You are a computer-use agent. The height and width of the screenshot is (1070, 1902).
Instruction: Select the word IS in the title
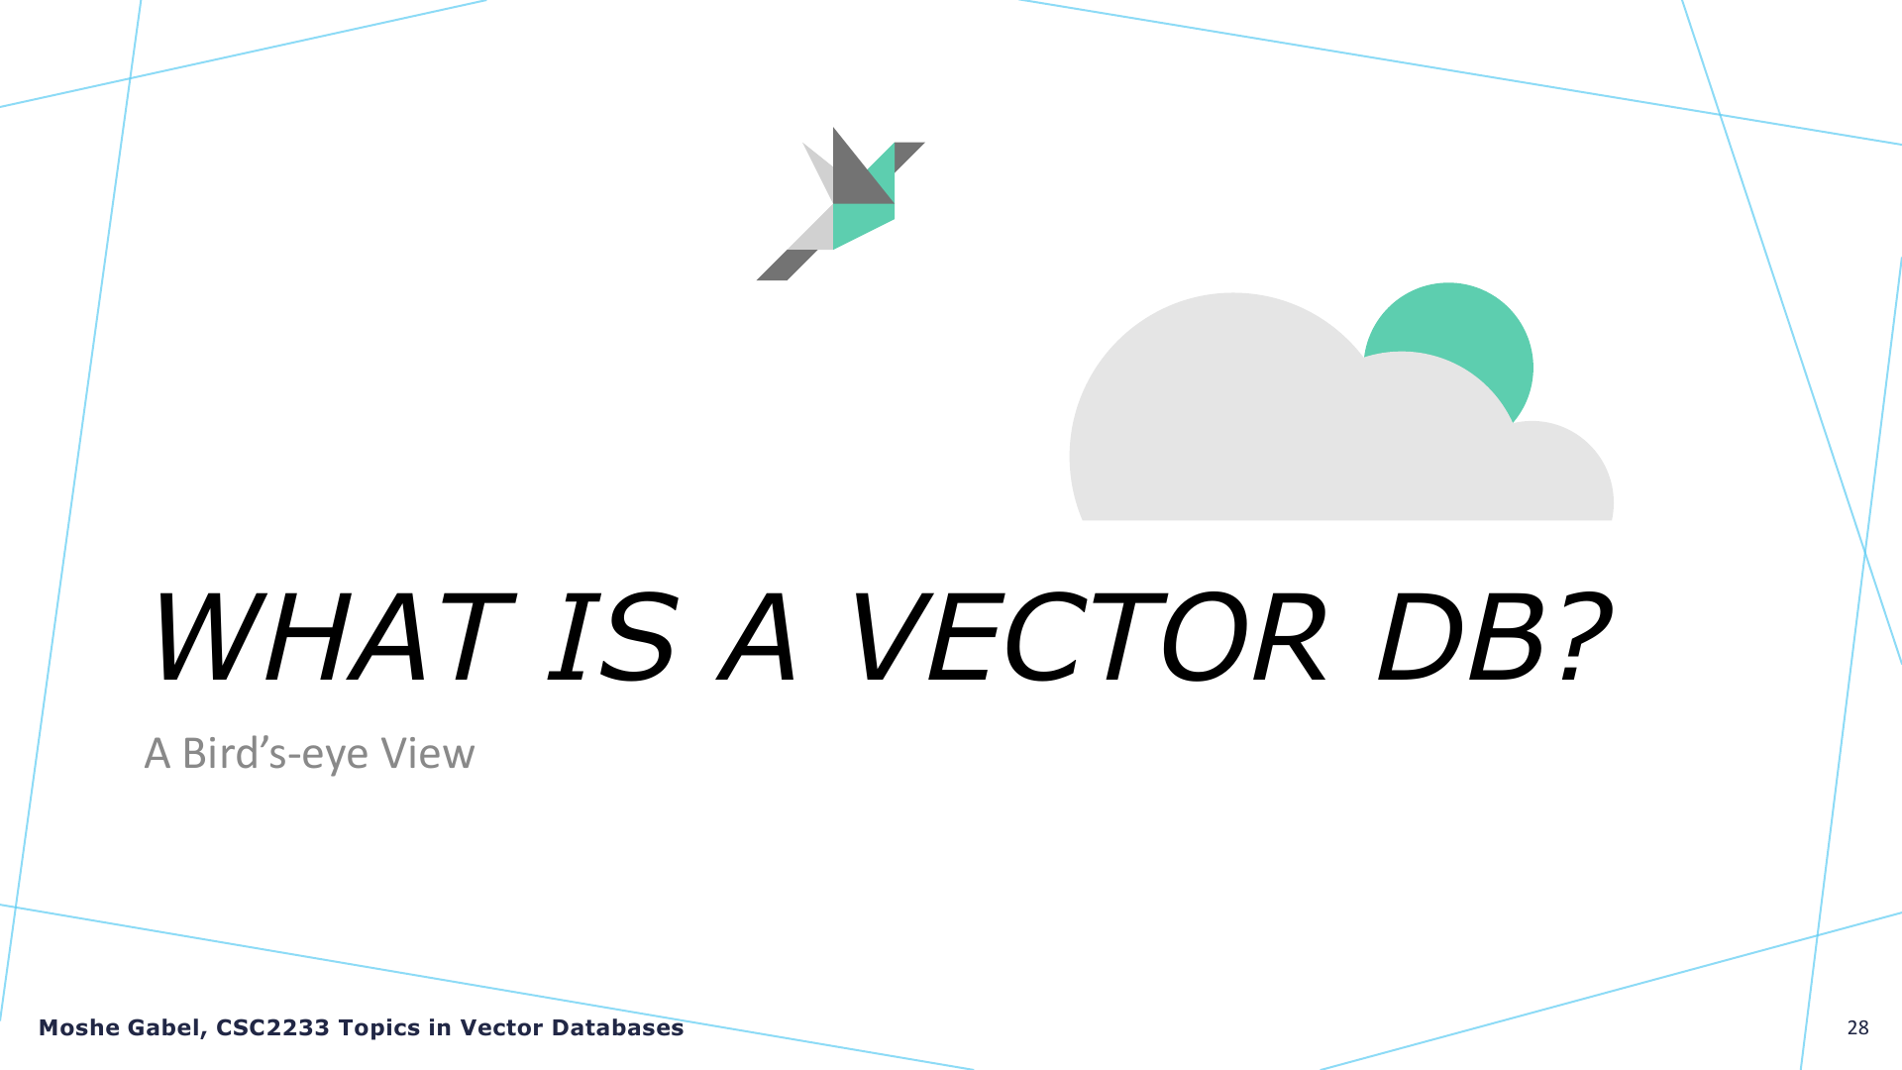point(612,637)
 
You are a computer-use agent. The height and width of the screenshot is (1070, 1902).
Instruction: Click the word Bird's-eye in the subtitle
point(275,755)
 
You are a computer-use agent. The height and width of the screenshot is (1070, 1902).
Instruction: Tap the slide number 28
point(1858,1028)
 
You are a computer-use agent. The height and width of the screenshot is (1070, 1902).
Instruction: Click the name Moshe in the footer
point(72,1028)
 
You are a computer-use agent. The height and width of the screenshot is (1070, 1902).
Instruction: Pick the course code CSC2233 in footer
point(272,1028)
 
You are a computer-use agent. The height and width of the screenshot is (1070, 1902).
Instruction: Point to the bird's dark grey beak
point(906,154)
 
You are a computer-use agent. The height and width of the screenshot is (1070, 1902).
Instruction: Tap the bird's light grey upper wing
point(820,170)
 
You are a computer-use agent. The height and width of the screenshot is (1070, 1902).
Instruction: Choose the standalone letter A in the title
point(758,637)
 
